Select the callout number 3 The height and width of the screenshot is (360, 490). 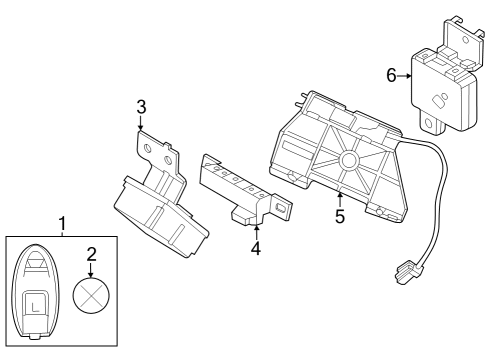[141, 106]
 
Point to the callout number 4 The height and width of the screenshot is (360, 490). [256, 248]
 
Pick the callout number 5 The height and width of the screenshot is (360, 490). [340, 216]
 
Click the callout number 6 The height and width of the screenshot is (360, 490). [391, 74]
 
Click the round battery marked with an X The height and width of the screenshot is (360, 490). [91, 298]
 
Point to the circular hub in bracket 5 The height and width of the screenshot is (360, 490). [351, 159]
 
